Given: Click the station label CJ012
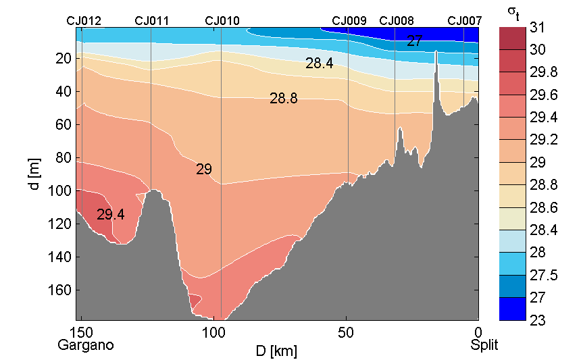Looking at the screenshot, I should (84, 21).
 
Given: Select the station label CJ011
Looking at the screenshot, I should (152, 21).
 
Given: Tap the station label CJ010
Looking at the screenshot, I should (222, 21).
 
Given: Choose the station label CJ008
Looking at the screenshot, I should (397, 21).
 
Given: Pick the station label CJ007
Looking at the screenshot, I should (465, 21).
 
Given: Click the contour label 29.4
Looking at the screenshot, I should (110, 215).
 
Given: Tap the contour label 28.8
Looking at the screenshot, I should (283, 99).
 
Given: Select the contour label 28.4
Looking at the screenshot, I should (319, 64).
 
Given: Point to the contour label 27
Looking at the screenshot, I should (414, 41).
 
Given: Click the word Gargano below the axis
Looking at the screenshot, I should (86, 345).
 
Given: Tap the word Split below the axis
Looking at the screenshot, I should (484, 345).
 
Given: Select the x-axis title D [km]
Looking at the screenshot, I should (277, 351).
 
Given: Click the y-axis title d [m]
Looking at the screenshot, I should (35, 174).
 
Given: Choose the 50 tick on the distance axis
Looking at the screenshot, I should (346, 333).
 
